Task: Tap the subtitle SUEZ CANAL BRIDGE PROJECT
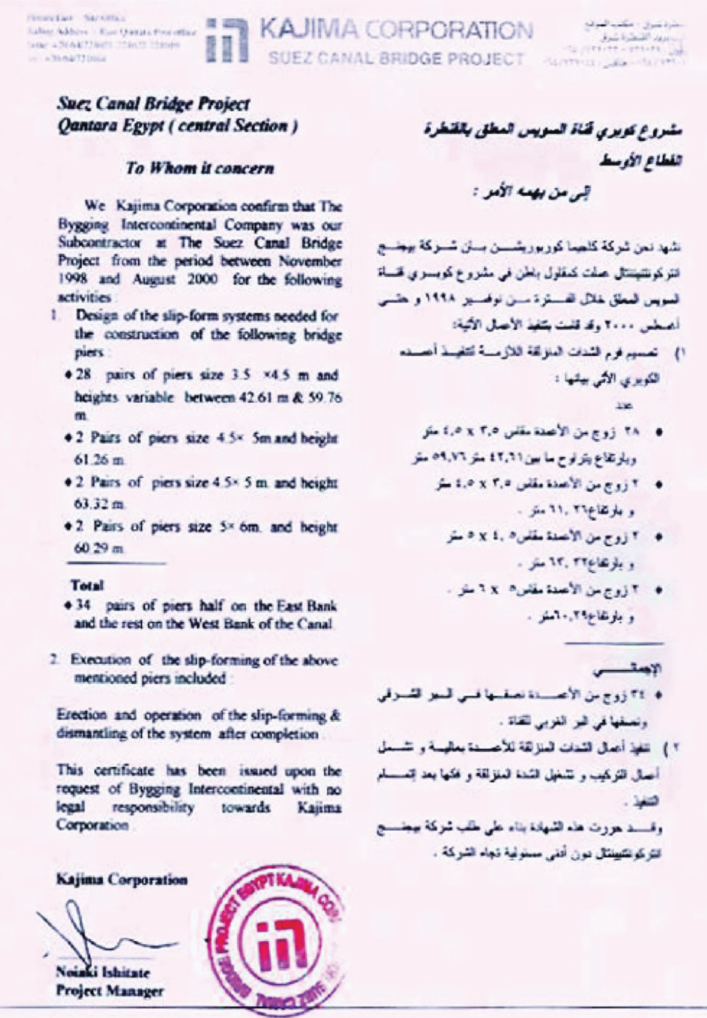click(396, 59)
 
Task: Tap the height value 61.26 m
click(99, 460)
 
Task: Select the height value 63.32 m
click(99, 504)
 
